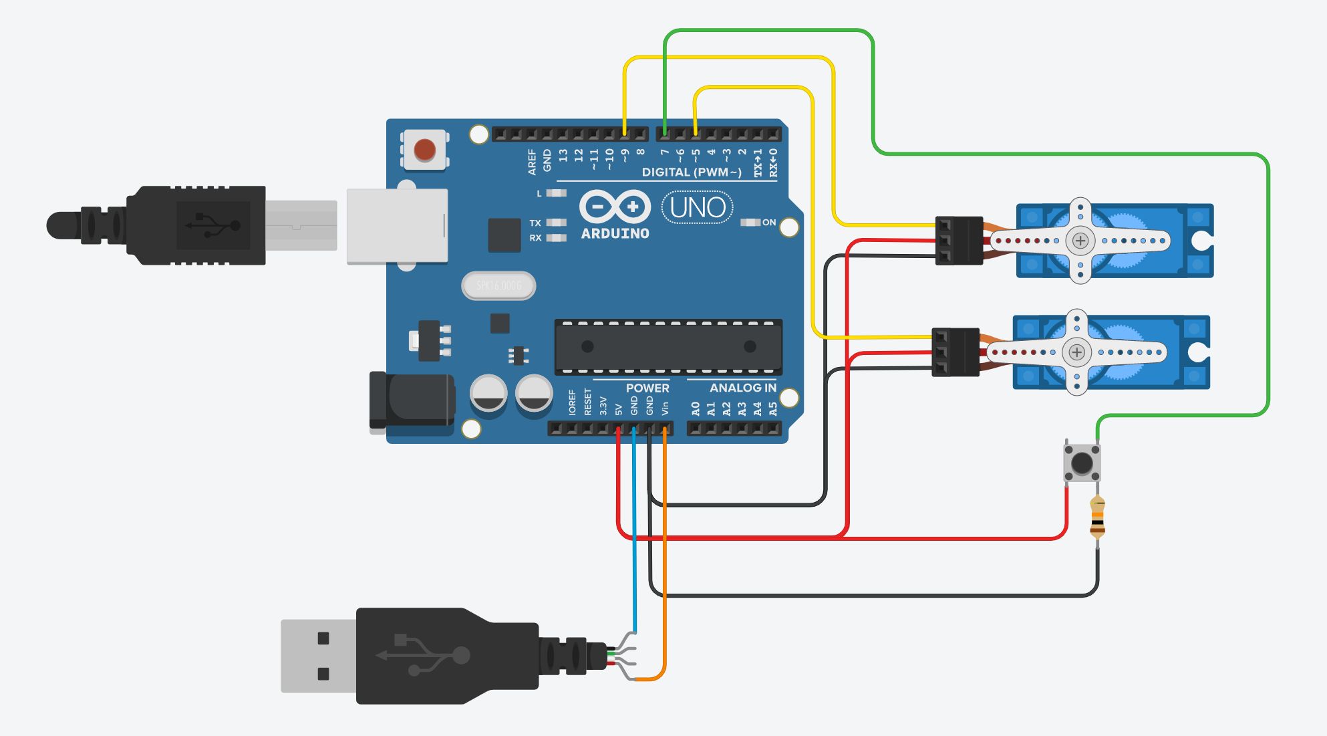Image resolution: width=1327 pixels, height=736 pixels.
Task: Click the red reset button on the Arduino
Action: coord(425,150)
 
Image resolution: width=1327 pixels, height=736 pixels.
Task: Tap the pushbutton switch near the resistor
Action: coord(1082,463)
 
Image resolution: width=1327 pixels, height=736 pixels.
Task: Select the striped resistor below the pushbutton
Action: coord(1097,517)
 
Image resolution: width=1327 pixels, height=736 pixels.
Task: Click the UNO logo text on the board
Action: coord(698,208)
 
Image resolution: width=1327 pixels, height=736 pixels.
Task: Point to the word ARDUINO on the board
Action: coord(615,233)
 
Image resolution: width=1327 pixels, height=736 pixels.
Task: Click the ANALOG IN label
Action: coord(742,388)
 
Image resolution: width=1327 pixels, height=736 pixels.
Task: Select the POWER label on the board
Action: coord(647,388)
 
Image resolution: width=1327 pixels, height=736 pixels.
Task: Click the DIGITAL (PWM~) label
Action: coord(692,172)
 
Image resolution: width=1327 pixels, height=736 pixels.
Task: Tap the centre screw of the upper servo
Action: coord(1080,241)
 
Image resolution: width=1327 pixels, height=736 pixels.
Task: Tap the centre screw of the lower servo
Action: coord(1077,352)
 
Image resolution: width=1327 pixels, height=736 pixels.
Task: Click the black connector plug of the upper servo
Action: coord(959,241)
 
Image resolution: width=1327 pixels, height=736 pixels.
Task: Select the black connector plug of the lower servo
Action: coord(955,352)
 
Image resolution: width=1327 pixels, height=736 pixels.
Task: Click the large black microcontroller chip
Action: coord(668,346)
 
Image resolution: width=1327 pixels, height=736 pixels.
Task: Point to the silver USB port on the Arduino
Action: coord(397,226)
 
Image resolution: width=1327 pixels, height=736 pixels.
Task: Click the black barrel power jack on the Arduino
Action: coord(413,400)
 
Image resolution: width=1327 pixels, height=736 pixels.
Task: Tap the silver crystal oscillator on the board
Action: coord(498,286)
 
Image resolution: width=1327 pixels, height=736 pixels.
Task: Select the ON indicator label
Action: coord(769,223)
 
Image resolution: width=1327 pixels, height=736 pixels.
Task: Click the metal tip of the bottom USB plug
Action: coord(318,656)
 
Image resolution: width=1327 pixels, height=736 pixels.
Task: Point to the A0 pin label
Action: coord(696,408)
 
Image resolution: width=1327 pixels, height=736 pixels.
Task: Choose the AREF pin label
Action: coord(532,162)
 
